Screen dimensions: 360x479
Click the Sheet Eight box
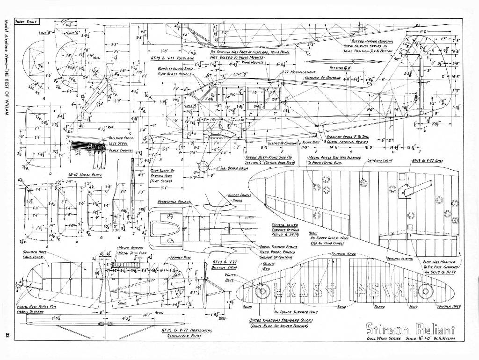27,21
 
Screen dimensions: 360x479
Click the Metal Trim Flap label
129,253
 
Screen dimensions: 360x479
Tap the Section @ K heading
340,68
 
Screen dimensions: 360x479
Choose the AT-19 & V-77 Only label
428,160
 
